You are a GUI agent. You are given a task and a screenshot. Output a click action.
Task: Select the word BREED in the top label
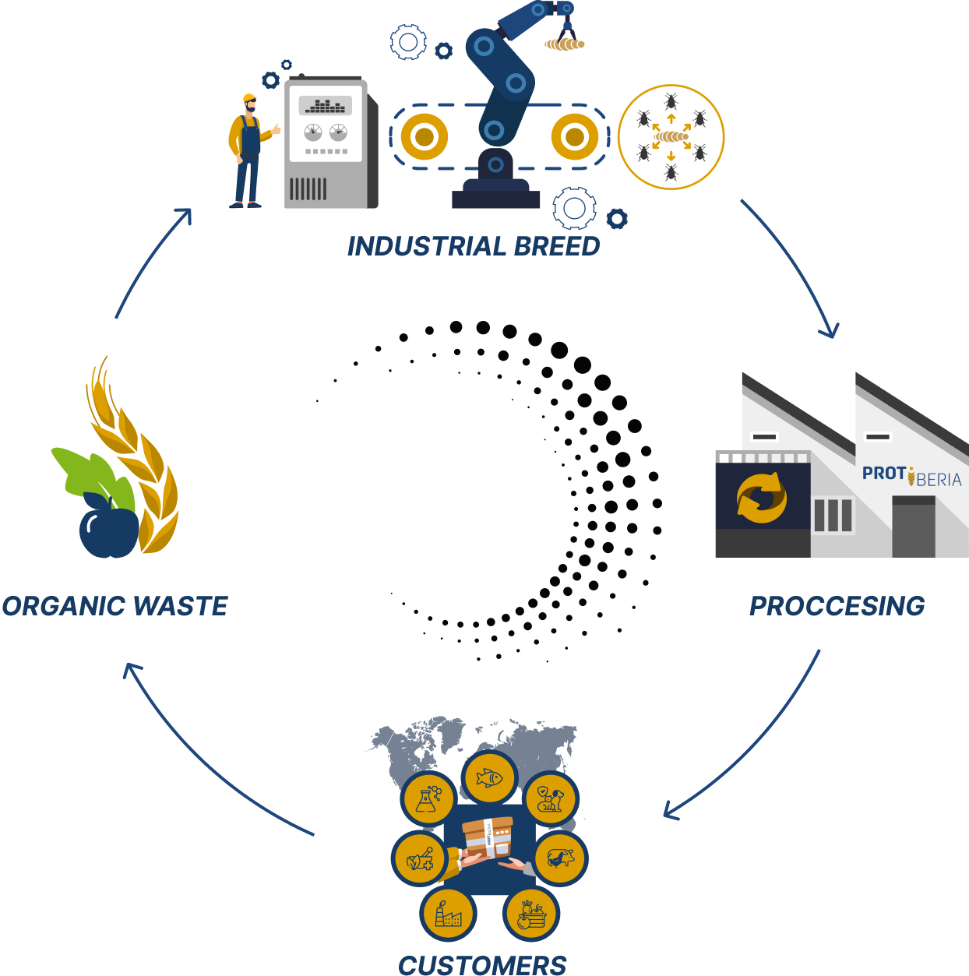557,246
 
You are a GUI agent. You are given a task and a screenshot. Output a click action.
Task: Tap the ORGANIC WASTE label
115,606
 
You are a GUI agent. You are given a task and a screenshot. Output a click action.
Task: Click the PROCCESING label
837,606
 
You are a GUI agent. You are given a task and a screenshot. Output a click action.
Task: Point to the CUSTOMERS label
482,965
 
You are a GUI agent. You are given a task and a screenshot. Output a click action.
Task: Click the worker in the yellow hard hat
248,152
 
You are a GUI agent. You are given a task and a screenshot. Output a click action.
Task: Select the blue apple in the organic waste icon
108,532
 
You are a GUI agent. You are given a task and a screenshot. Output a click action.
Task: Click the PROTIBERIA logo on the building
911,475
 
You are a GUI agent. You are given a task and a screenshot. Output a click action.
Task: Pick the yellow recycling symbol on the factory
762,498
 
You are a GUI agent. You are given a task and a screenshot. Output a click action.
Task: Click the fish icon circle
489,777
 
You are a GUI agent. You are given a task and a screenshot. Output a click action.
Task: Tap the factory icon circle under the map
448,914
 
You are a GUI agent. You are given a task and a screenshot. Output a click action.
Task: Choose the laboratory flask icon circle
428,799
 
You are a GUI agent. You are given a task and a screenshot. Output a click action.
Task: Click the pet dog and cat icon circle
550,798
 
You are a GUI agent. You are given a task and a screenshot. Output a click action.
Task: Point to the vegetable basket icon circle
532,914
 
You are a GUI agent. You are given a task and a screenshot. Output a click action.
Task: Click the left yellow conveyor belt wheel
424,137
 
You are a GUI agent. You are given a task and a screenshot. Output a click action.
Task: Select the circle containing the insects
671,137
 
